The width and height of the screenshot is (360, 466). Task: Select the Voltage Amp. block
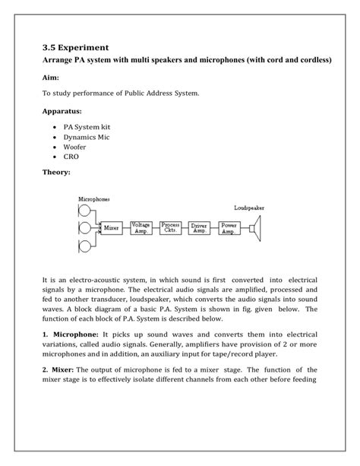[x=141, y=227]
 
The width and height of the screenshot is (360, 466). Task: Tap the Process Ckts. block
[x=171, y=227]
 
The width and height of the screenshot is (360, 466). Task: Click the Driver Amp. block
[x=201, y=227]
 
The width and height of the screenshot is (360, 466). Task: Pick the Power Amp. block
[x=229, y=227]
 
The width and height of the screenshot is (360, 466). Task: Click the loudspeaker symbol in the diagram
[x=257, y=227]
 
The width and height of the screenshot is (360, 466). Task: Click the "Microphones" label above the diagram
[x=94, y=198]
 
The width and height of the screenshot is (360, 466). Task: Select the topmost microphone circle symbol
[x=84, y=210]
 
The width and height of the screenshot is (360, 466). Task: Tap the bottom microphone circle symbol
[x=84, y=245]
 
